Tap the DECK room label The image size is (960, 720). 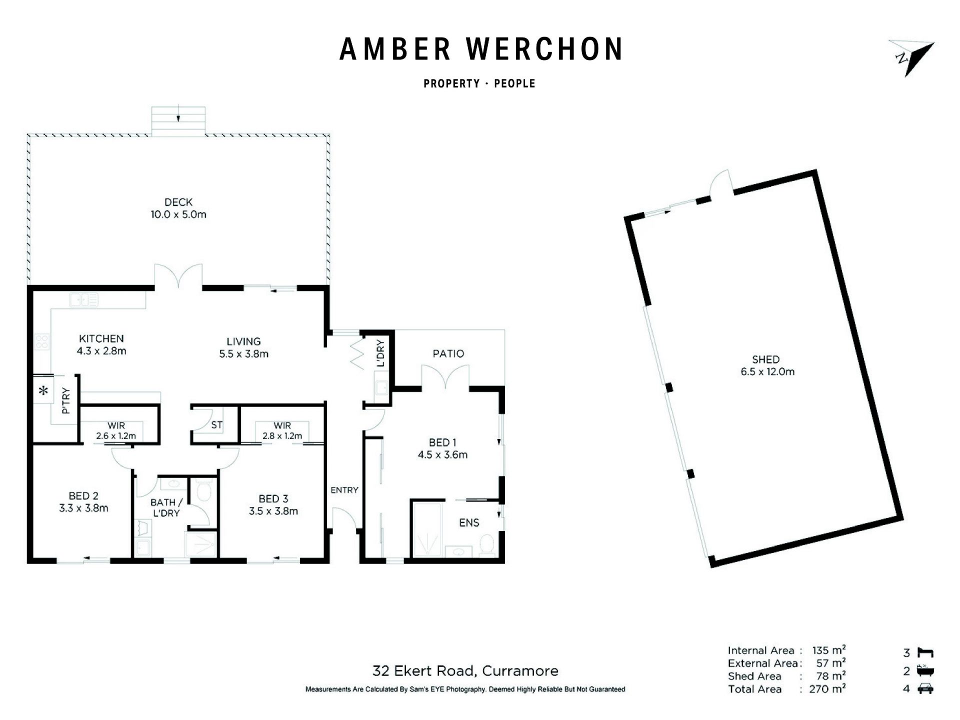tap(178, 202)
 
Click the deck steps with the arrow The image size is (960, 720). tap(178, 121)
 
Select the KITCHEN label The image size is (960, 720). tap(101, 338)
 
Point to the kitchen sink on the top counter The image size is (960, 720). tap(84, 300)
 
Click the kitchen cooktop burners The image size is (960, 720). tap(41, 341)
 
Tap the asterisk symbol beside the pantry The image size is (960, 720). tap(44, 390)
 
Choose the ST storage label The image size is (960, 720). tap(216, 425)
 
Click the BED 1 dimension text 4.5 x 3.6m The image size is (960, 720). tap(442, 455)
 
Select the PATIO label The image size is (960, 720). tap(448, 354)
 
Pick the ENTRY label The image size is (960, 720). tap(344, 490)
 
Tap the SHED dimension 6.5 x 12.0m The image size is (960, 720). tap(767, 371)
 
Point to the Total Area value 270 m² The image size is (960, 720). tap(827, 689)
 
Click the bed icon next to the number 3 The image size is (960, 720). tap(925, 652)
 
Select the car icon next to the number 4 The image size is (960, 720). tap(925, 688)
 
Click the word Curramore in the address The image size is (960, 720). tap(520, 671)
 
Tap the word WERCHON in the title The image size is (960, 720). tap(545, 49)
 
